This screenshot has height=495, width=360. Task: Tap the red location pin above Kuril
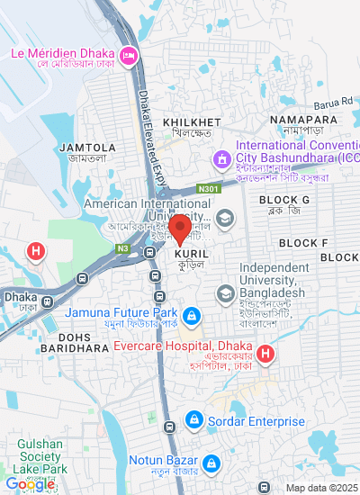click(180, 229)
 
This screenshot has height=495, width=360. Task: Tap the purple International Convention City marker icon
click(220, 159)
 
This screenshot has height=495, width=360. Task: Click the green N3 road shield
click(122, 247)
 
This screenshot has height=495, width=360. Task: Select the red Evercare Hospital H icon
click(265, 354)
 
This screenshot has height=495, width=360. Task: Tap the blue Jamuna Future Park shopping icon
click(191, 316)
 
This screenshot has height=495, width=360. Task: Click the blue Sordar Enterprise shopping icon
click(193, 419)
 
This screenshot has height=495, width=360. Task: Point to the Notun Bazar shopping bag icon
click(210, 463)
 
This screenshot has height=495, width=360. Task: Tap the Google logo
click(30, 484)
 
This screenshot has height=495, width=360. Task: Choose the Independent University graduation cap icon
click(223, 292)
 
